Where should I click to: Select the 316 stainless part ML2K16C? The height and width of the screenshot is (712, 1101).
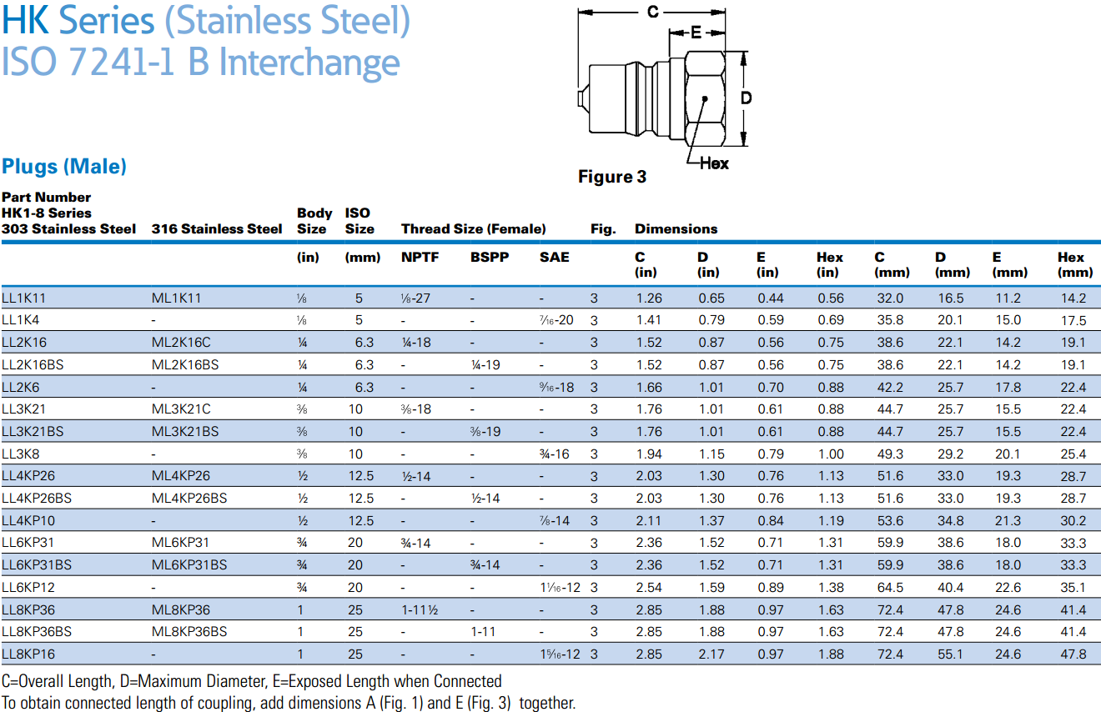181,342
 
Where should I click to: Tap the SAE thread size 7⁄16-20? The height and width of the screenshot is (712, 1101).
556,320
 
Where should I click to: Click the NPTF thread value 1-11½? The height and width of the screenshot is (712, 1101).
420,609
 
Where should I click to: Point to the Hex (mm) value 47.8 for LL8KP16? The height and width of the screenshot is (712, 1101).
1072,654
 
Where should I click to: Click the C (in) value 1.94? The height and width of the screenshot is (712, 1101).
648,454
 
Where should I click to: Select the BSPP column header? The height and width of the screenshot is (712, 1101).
486,257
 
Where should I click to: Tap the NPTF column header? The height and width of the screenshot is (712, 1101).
419,257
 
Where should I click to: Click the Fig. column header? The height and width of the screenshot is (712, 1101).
602,228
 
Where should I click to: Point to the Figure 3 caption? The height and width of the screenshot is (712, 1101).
611,177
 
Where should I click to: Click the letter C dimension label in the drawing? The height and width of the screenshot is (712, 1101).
653,12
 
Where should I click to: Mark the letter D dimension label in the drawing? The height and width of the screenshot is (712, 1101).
747,98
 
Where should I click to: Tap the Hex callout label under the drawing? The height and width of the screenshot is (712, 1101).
714,163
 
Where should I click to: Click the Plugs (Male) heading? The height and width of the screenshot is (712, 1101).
64,166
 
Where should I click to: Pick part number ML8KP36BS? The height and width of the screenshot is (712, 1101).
189,632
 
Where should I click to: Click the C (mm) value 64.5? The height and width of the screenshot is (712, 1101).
888,588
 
